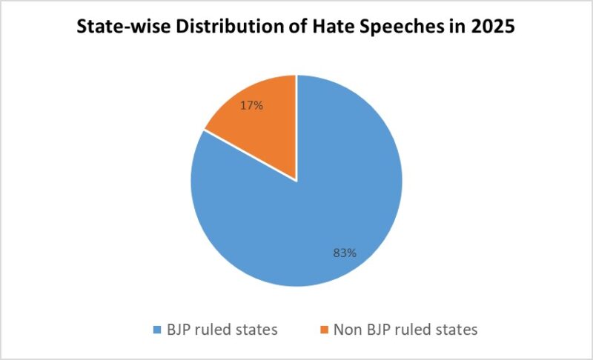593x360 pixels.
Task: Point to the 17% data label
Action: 251,106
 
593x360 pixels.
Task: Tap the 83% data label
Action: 345,253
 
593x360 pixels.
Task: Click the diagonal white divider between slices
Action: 250,156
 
